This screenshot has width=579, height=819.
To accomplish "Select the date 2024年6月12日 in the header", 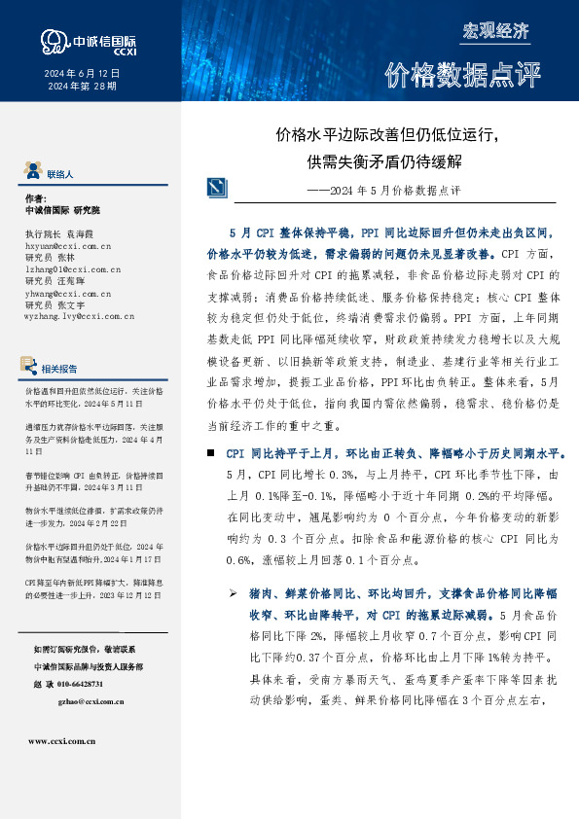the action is pos(82,74).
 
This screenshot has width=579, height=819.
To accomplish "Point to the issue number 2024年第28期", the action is pos(82,87).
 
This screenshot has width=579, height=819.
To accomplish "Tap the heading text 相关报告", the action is pos(61,369).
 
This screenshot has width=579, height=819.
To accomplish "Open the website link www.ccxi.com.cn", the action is pos(61,741).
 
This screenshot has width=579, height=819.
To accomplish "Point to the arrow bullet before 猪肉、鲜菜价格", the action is pos(234,592).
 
